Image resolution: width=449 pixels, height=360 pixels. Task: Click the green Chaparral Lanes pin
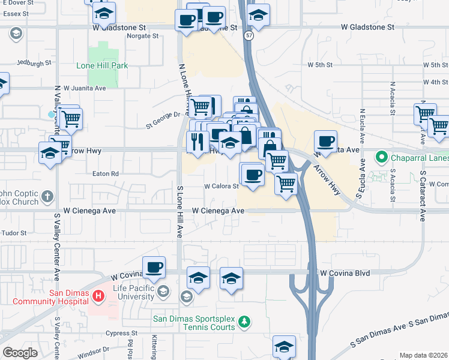coord(380,158)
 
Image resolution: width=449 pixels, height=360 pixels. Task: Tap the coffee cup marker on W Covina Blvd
coord(154,267)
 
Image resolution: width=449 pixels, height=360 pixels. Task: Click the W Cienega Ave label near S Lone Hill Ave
coord(218,211)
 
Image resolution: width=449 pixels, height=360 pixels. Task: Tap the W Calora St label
coord(221,186)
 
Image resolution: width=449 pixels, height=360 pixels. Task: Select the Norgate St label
coord(142,36)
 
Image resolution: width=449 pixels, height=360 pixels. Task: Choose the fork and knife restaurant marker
coord(197,142)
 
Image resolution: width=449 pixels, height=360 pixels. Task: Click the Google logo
coord(20,353)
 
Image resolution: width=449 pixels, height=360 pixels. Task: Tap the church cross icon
coord(47,196)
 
